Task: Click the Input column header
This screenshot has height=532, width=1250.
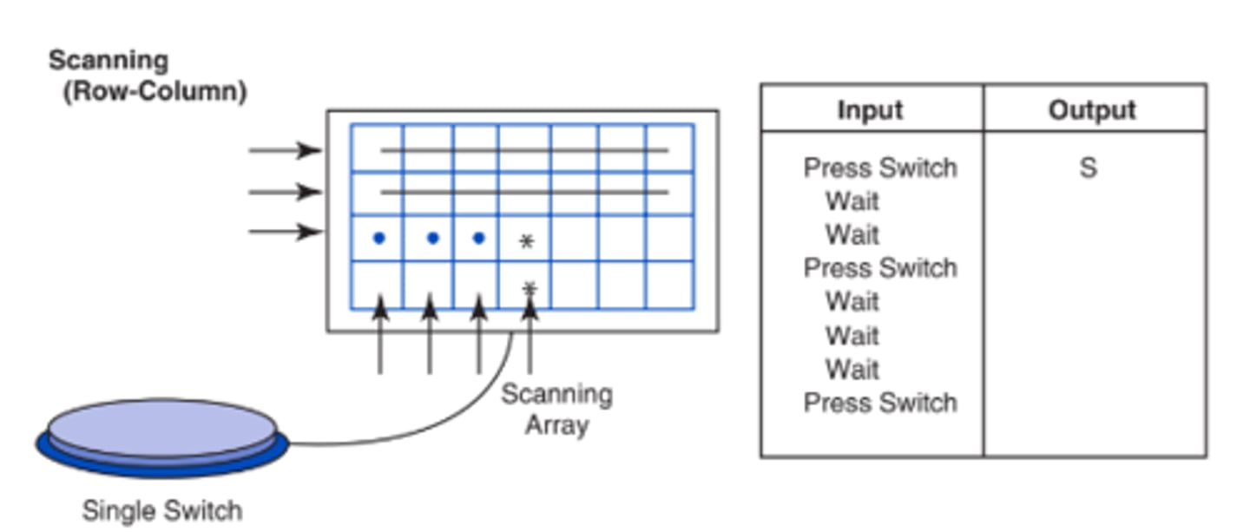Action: click(870, 110)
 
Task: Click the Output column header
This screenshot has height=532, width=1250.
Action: click(1092, 110)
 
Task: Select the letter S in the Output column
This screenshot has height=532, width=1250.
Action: click(1088, 167)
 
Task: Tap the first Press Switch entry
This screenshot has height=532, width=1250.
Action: click(879, 167)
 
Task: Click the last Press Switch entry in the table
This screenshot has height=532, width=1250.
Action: click(879, 403)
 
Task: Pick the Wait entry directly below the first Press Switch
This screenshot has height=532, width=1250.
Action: click(852, 201)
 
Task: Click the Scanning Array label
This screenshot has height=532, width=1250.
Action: click(556, 410)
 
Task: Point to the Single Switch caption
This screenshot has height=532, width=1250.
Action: click(161, 510)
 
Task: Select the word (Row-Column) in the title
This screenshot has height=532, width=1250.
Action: click(155, 91)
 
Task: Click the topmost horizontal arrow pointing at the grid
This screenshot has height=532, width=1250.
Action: click(285, 150)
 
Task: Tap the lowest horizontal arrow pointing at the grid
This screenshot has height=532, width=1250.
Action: click(285, 232)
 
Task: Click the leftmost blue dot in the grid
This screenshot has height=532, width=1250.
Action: click(378, 238)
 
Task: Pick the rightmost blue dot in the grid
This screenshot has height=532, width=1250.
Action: click(478, 238)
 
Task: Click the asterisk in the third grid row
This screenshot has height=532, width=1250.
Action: click(526, 241)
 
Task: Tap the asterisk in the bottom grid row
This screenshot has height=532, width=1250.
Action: click(530, 287)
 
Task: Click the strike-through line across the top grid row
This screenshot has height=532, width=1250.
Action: click(524, 150)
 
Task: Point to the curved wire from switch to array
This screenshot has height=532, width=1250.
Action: click(434, 425)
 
